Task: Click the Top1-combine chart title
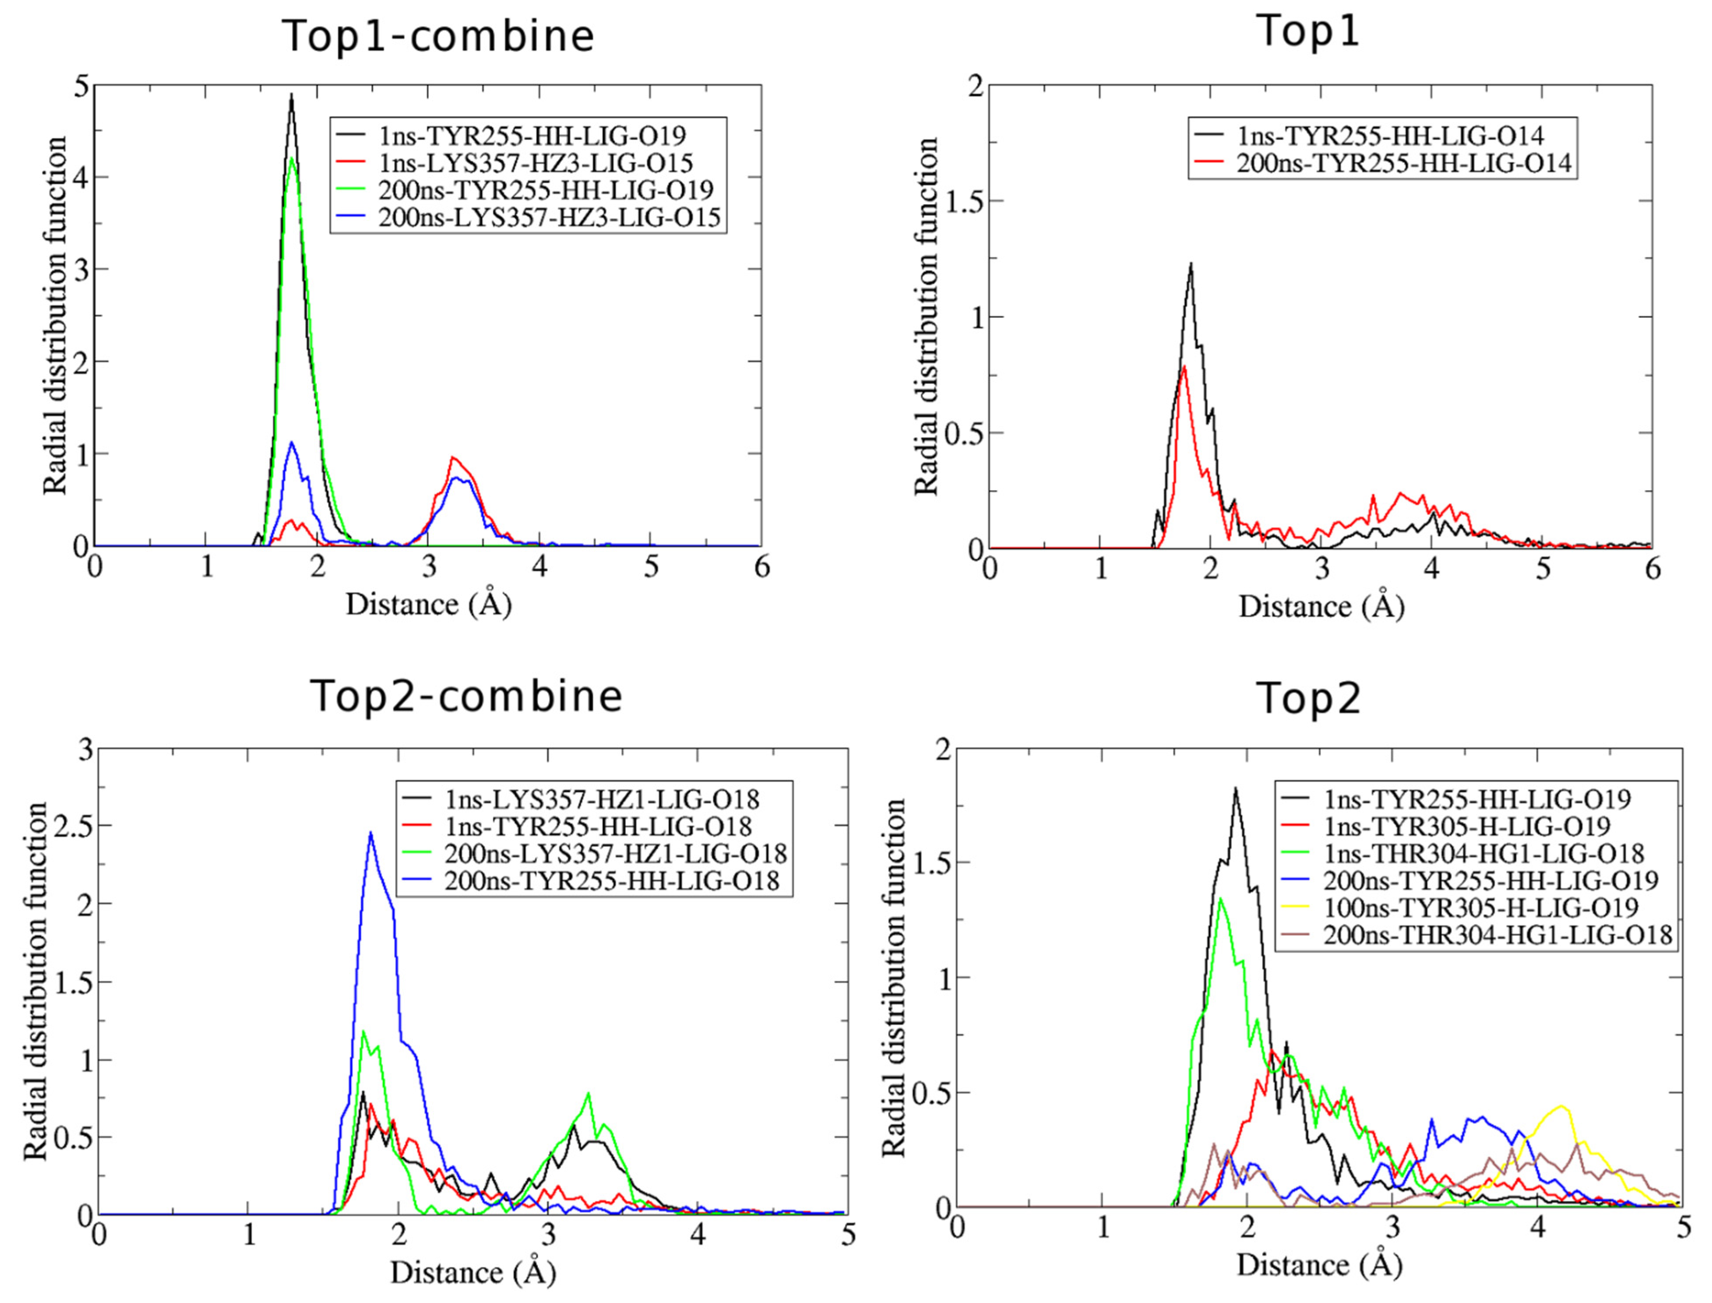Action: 438,37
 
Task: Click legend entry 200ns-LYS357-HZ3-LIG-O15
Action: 549,218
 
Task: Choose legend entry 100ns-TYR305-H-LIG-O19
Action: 1480,907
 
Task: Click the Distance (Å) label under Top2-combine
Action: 472,1273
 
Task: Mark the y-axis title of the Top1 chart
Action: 926,316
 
